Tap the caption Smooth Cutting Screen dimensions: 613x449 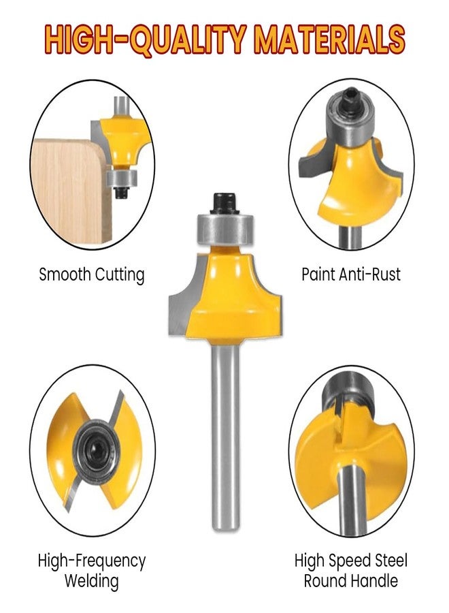[x=92, y=275]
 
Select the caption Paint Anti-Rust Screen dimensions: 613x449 [x=351, y=274]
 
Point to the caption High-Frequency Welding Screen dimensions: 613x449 [x=92, y=571]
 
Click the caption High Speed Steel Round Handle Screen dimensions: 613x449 [x=351, y=571]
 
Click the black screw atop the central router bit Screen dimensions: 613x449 [x=225, y=202]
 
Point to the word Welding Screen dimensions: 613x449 [x=92, y=582]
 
